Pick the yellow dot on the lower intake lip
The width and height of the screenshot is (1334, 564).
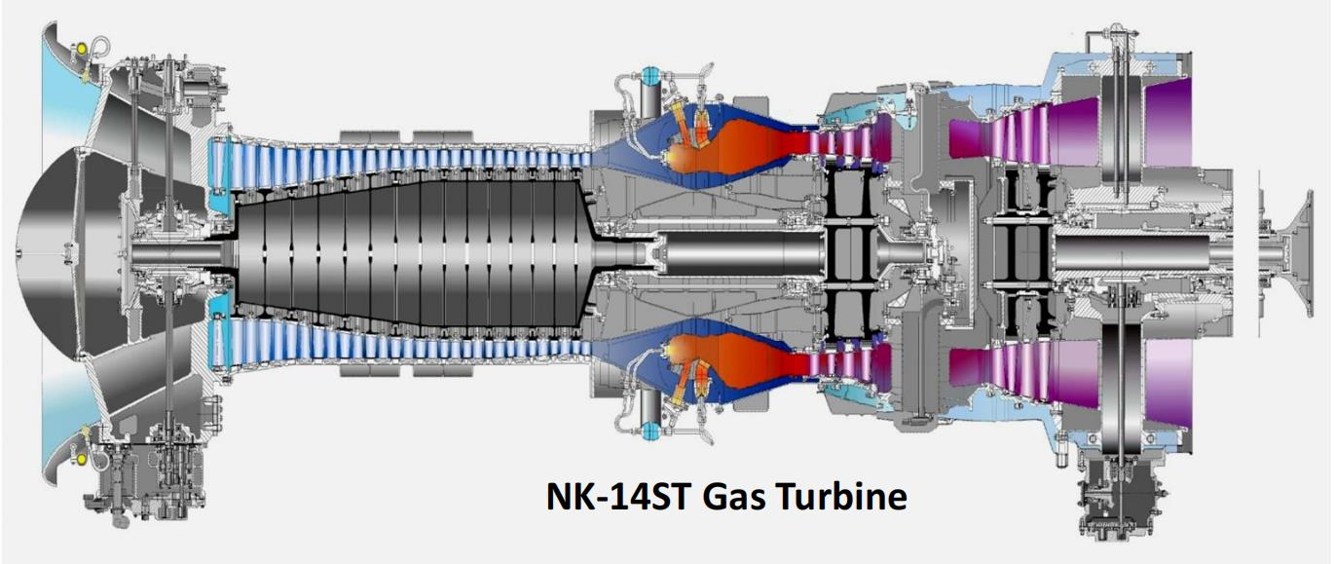[82, 459]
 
